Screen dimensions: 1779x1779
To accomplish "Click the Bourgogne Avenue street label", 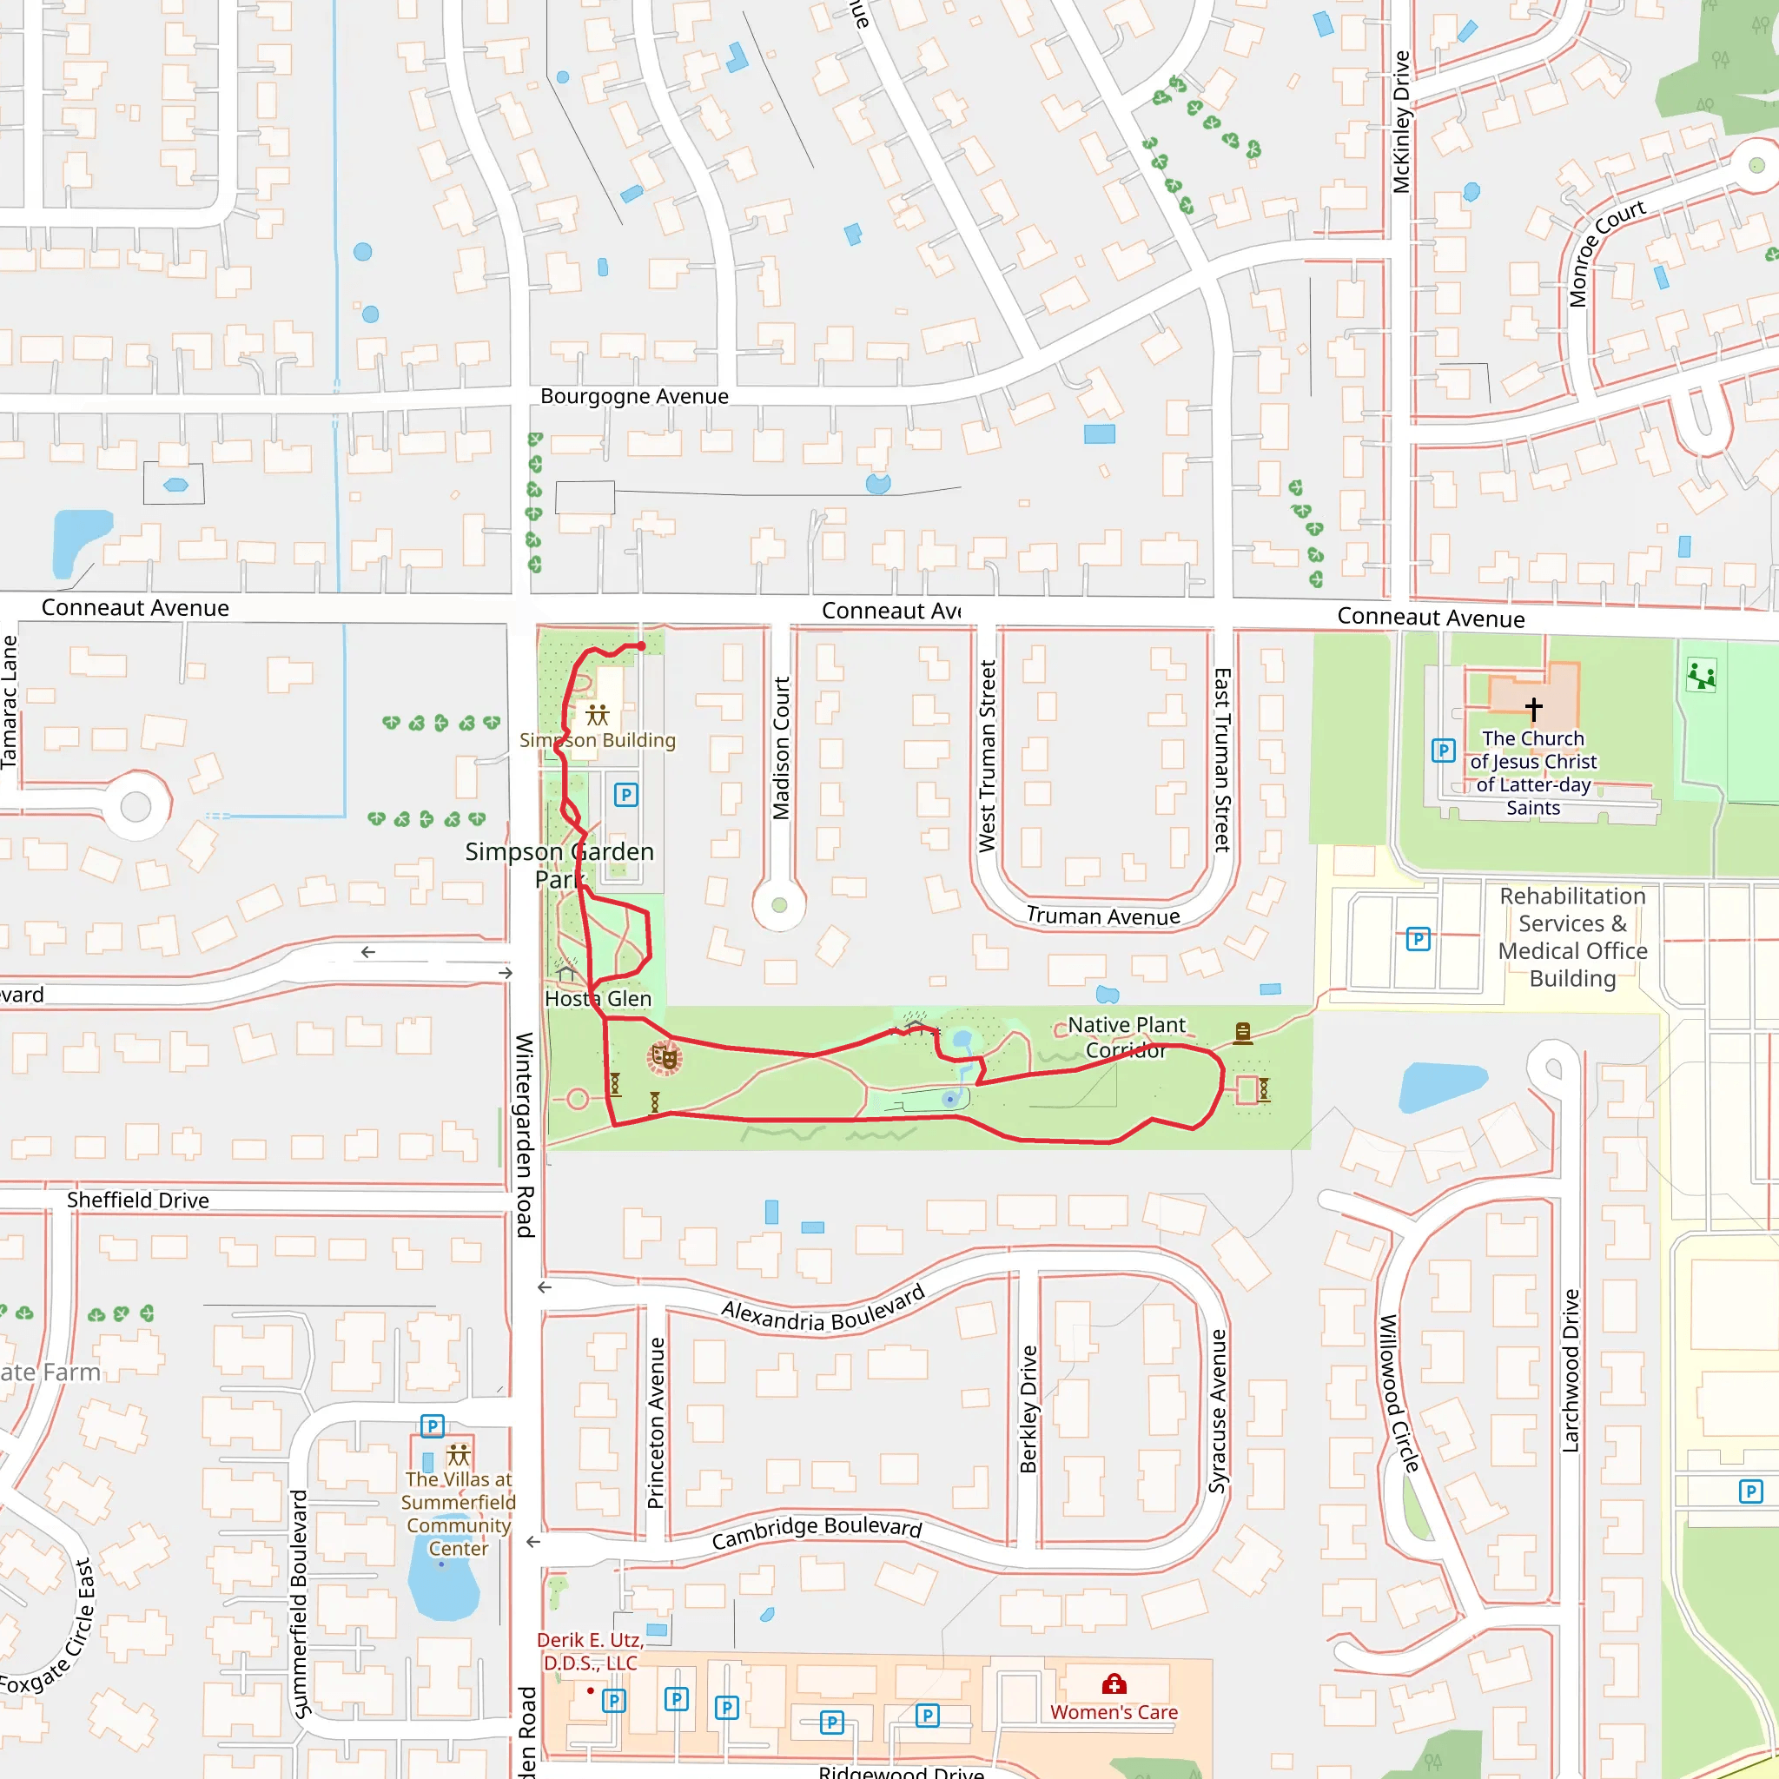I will pyautogui.click(x=633, y=396).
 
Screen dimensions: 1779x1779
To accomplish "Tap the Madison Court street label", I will pyautogui.click(x=781, y=748).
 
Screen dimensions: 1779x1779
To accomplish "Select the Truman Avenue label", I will pyautogui.click(x=1103, y=916).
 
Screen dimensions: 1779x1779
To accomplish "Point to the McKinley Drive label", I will pyautogui.click(x=1400, y=122).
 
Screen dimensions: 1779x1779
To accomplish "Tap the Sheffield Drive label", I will pyautogui.click(x=137, y=1200).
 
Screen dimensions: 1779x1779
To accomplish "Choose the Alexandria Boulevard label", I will pyautogui.click(x=823, y=1310).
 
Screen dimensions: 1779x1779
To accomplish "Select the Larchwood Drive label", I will pyautogui.click(x=1570, y=1370).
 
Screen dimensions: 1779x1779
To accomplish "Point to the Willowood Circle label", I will pyautogui.click(x=1398, y=1393).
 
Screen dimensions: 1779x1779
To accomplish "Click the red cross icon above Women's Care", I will pyautogui.click(x=1114, y=1684).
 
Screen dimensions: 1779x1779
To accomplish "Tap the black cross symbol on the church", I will pyautogui.click(x=1533, y=709).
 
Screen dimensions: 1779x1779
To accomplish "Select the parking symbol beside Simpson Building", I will pyautogui.click(x=626, y=795).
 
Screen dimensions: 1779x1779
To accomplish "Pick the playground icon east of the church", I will pyautogui.click(x=1701, y=675).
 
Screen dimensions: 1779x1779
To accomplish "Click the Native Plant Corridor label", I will pyautogui.click(x=1125, y=1037).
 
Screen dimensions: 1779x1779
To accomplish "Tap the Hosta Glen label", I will pyautogui.click(x=598, y=998).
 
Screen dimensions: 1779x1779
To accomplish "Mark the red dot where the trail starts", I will pyautogui.click(x=642, y=645).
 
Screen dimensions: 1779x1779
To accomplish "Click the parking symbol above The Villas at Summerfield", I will pyautogui.click(x=432, y=1426).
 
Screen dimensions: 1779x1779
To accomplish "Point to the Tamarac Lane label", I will pyautogui.click(x=9, y=702).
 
